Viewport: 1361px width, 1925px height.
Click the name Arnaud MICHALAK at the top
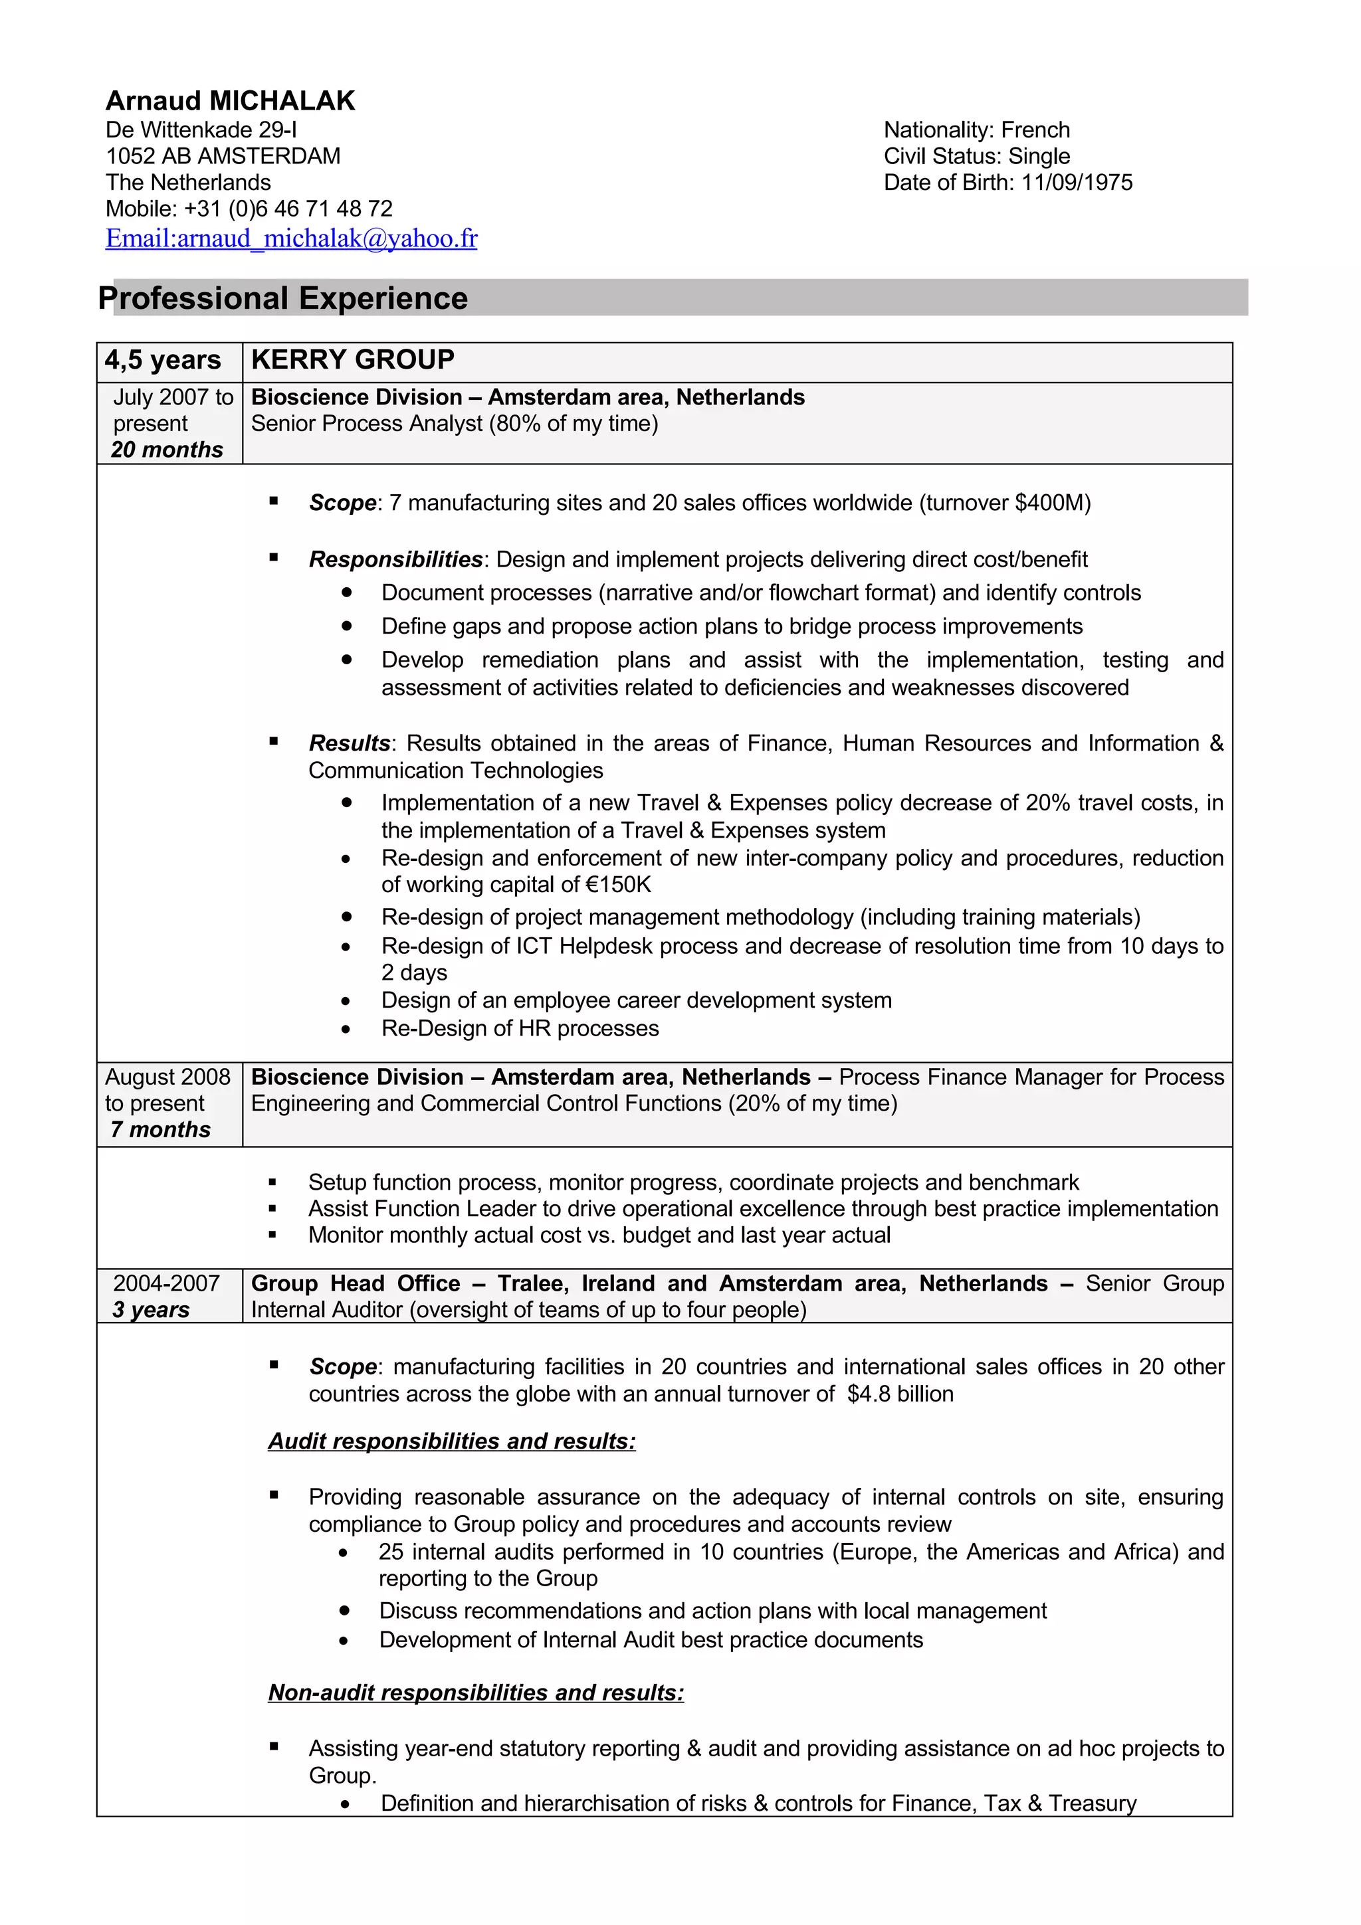pyautogui.click(x=230, y=100)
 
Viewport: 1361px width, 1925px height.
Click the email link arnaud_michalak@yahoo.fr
pyautogui.click(x=291, y=239)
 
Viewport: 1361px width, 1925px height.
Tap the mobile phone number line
pyautogui.click(x=249, y=209)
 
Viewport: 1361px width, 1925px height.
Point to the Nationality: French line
pyautogui.click(x=976, y=130)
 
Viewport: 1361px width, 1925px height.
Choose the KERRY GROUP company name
pyautogui.click(x=352, y=359)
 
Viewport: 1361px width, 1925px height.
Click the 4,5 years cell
pyautogui.click(x=163, y=361)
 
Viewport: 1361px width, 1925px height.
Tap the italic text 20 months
pyautogui.click(x=167, y=450)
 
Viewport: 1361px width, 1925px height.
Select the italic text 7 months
pyautogui.click(x=160, y=1130)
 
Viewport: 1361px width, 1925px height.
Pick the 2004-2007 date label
pyautogui.click(x=166, y=1283)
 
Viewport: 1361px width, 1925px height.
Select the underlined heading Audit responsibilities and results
pyautogui.click(x=451, y=1441)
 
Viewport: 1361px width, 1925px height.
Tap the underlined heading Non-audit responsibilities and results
pyautogui.click(x=475, y=1693)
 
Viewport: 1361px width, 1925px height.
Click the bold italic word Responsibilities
pyautogui.click(x=395, y=559)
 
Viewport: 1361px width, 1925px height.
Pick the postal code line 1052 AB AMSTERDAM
pyautogui.click(x=223, y=157)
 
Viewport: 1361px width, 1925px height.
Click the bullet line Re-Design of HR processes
pyautogui.click(x=520, y=1029)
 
